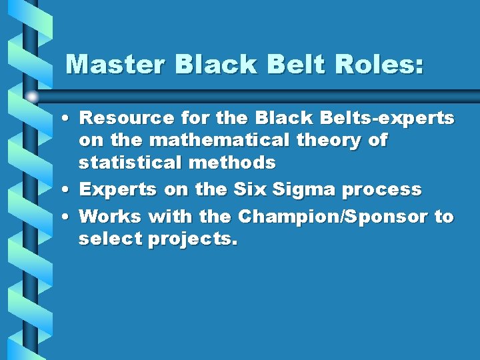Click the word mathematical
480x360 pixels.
coord(199,141)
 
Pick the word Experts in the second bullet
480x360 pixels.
coord(118,190)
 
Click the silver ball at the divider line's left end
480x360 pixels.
coord(32,96)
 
